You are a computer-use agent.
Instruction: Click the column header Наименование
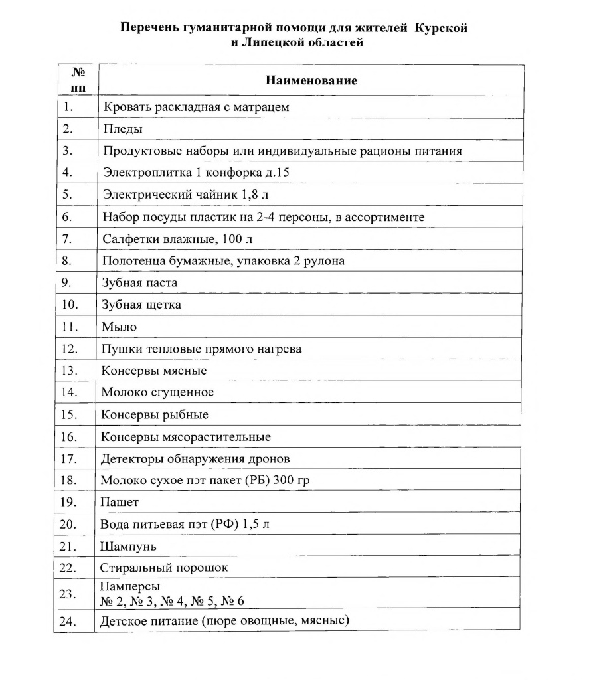(311, 80)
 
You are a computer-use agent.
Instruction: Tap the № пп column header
(78, 80)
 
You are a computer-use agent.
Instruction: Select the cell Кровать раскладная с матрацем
(196, 107)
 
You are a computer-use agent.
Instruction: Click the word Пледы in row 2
(123, 129)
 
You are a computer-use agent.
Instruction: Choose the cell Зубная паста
(139, 283)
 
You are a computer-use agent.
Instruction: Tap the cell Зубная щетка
(141, 305)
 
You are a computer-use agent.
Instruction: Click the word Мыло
(119, 327)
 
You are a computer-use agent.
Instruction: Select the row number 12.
(69, 349)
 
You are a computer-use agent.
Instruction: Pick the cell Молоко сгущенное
(157, 392)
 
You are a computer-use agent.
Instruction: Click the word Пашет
(120, 503)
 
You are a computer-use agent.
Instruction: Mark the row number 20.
(69, 525)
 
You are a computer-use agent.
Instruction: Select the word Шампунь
(128, 547)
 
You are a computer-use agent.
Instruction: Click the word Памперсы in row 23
(130, 587)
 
